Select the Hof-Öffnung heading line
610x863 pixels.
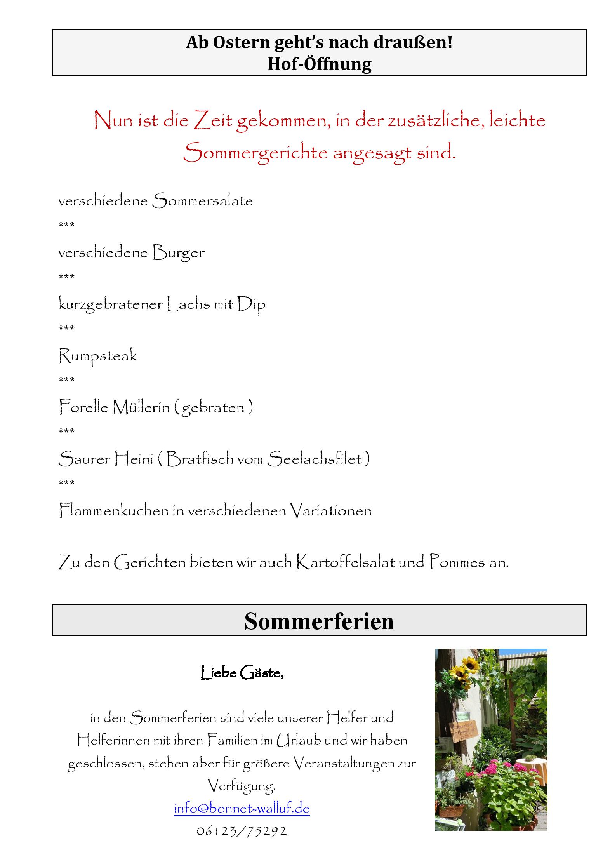(x=319, y=64)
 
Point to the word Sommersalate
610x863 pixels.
(x=202, y=201)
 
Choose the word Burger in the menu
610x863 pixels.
(x=178, y=253)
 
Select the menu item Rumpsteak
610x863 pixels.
(x=98, y=356)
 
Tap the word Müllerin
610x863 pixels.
(x=141, y=407)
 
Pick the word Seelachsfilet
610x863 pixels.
(x=315, y=459)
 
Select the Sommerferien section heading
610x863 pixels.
(x=319, y=621)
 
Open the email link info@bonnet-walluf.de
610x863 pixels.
(x=242, y=808)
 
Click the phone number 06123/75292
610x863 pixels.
(x=242, y=831)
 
